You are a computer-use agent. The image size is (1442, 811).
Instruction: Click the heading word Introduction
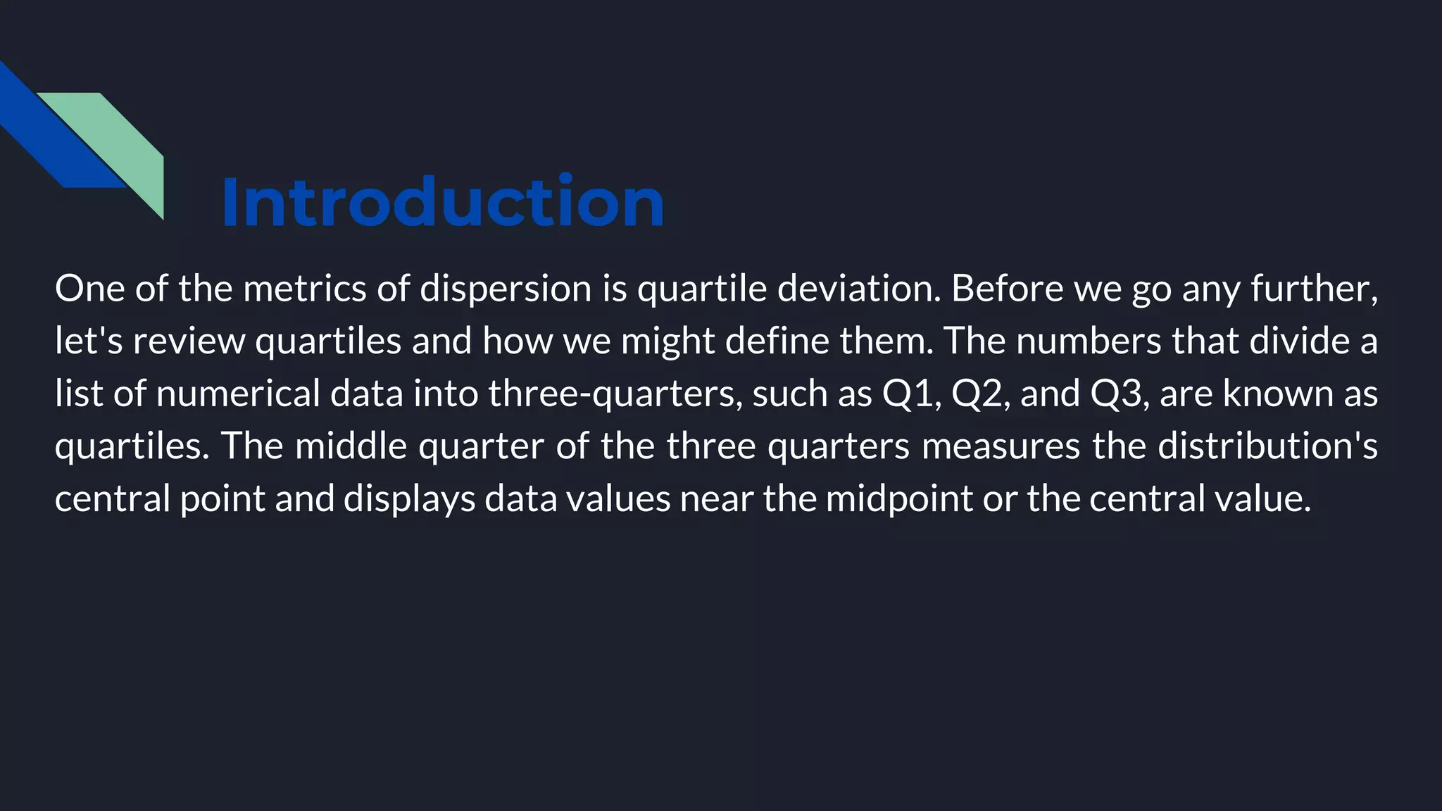click(443, 203)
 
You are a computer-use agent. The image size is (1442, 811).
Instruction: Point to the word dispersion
click(506, 289)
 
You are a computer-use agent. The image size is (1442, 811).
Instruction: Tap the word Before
click(1007, 289)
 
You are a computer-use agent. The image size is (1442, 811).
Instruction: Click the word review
click(189, 341)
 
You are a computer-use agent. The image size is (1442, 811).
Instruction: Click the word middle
click(351, 446)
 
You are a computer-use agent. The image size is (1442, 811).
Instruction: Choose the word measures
click(1001, 446)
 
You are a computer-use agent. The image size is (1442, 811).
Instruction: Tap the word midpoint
click(898, 498)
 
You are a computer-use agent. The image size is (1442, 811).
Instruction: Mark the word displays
click(409, 498)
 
